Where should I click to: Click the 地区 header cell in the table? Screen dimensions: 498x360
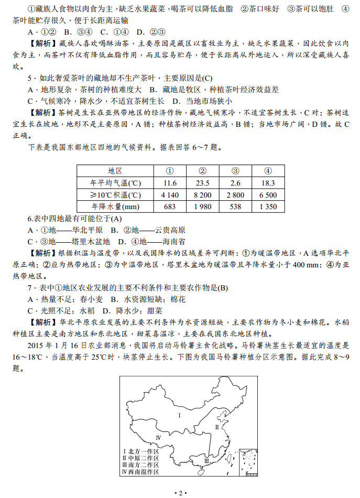point(115,171)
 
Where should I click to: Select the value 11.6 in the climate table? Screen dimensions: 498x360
point(170,183)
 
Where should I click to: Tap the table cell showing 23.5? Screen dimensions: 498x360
point(203,183)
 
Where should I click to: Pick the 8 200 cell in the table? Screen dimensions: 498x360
point(203,195)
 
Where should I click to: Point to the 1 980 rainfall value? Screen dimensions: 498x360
point(203,207)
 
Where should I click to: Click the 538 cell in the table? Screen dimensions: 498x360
point(235,207)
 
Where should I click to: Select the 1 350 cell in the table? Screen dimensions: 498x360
point(268,207)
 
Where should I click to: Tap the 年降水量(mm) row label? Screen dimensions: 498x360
point(115,207)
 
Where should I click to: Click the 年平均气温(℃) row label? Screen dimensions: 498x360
point(115,183)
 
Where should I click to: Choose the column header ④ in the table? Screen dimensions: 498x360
point(268,171)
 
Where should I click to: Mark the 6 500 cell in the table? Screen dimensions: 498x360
point(268,195)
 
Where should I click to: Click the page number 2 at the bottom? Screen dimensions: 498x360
point(180,493)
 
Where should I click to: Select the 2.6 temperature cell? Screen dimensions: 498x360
point(235,183)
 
